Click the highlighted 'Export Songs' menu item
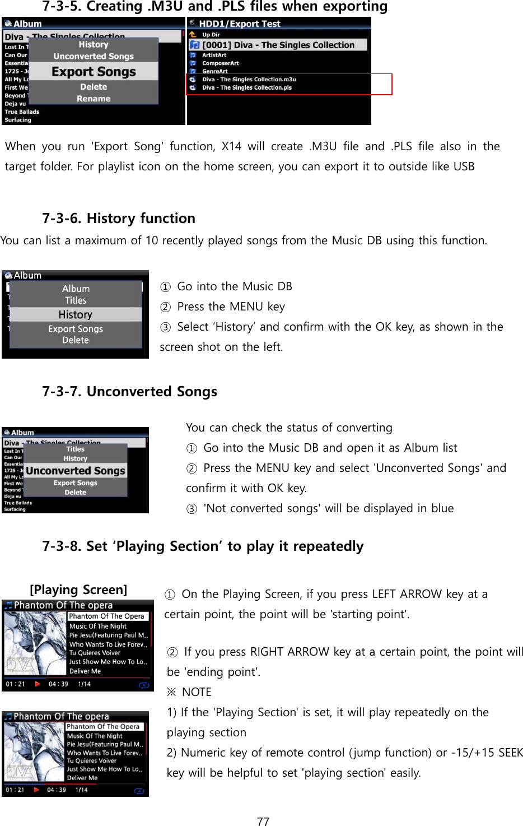coord(94,72)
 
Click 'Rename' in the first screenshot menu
coord(94,99)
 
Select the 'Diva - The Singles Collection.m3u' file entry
coord(249,80)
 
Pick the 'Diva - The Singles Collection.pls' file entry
coord(246,87)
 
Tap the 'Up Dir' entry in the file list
coord(211,35)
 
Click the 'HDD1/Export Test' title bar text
coord(239,24)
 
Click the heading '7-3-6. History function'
coord(119,218)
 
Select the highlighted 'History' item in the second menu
coord(76,315)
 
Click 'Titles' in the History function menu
coord(76,300)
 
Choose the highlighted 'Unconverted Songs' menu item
coord(76,471)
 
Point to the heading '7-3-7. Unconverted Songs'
coord(129,391)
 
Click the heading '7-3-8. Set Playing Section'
coord(203,546)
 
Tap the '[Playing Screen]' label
coord(78,590)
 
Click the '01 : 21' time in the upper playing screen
coord(15,684)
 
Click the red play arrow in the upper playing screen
coord(38,684)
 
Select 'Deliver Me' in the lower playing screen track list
coord(82,778)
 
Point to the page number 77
coord(263,822)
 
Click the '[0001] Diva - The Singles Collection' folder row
coord(278,45)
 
